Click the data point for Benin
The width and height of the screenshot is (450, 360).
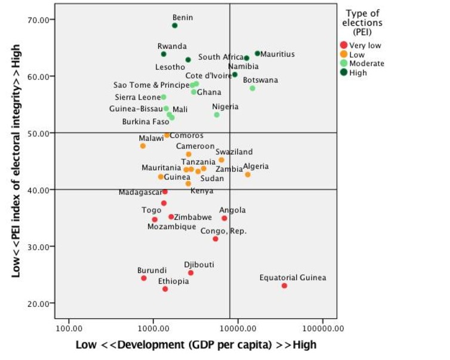175,26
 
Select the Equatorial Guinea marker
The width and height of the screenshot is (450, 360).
284,286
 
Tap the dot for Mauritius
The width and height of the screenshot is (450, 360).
257,54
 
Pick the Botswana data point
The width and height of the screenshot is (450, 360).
252,88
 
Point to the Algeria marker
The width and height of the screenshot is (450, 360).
248,175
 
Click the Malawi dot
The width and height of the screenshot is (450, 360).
143,146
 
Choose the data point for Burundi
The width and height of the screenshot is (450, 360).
144,278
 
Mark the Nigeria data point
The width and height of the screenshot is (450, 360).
217,115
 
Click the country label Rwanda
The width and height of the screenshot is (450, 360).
172,46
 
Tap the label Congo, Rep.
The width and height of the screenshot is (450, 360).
223,231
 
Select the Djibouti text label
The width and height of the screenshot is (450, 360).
199,264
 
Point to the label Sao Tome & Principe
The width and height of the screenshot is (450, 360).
151,85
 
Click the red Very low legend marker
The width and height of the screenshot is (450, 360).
343,45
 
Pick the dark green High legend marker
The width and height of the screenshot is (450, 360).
343,73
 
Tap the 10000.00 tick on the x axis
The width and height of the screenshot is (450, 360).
238,328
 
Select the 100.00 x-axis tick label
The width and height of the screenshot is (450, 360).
69,328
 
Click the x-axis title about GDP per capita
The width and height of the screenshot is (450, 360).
196,345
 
